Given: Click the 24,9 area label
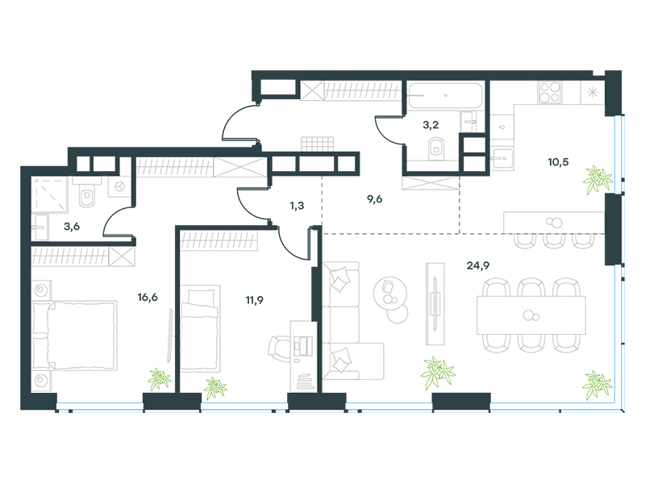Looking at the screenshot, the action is coord(477,266).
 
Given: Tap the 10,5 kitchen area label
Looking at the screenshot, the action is coord(558,162).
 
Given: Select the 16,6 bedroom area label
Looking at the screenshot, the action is coord(148,297).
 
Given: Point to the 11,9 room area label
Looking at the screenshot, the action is coord(254,300).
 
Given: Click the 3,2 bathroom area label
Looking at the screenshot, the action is coord(431,125).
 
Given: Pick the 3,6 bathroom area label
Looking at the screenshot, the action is coord(72,227).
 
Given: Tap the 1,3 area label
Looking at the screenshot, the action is coord(297,206).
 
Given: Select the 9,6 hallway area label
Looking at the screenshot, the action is coord(374,199).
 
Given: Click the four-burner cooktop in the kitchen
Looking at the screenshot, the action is coord(550,92).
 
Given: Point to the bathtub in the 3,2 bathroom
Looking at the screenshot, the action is coord(445,96).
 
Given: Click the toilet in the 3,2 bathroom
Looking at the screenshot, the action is coord(436,149).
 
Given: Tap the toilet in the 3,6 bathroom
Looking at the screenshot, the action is coord(87,193).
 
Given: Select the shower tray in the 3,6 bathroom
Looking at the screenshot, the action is coord(49,194).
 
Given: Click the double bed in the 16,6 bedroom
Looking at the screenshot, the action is coord(74,336).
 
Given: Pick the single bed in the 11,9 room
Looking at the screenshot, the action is coord(200,328).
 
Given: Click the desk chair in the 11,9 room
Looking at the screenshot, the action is coord(280,349).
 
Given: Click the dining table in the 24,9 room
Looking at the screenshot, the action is coord(531,315).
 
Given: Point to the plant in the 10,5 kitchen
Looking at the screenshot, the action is coord(597,179).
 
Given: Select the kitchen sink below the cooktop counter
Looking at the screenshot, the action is coord(501,158).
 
